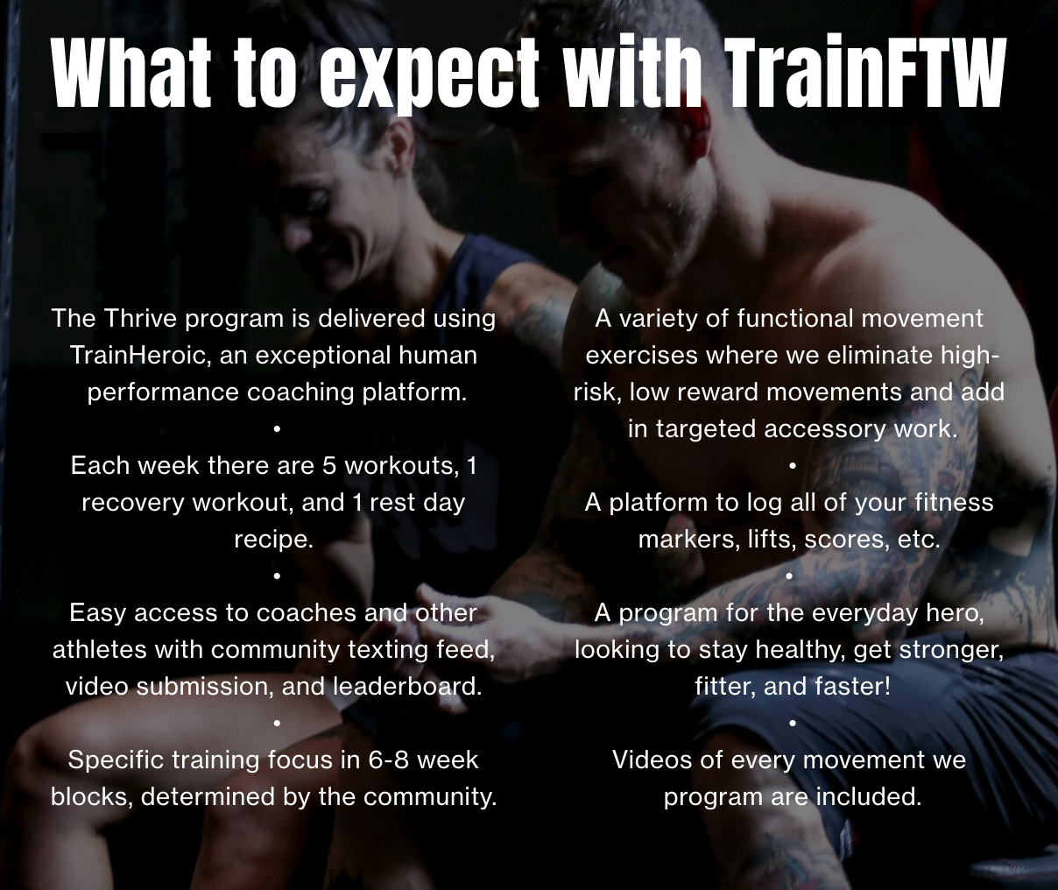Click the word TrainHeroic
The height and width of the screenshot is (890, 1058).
pyautogui.click(x=140, y=355)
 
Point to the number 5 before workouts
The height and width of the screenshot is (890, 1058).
pyautogui.click(x=329, y=465)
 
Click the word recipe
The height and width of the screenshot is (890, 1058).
pyautogui.click(x=273, y=539)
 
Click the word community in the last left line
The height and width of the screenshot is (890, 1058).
pyautogui.click(x=430, y=797)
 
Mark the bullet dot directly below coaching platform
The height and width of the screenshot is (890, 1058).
pyautogui.click(x=277, y=429)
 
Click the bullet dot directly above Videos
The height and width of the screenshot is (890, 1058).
pyautogui.click(x=793, y=723)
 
